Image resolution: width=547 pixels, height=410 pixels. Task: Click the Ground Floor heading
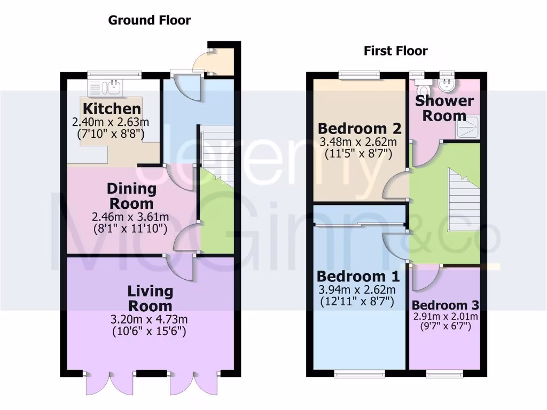point(149,21)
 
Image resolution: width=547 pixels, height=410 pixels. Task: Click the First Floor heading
point(395,51)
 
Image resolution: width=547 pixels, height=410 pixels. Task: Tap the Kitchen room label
point(112,109)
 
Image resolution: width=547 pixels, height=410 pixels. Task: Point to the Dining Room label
point(131,196)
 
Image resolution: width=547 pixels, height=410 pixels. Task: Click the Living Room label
point(150,298)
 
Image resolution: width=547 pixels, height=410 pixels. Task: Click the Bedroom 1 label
point(357,277)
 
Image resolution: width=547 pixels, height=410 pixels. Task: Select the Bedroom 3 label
point(445,305)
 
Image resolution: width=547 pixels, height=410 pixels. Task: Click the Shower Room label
point(444,108)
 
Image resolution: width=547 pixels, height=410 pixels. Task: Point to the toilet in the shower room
point(424,86)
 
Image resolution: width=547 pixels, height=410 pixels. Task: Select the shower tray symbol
point(468,129)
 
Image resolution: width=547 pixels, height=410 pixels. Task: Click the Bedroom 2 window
point(359,75)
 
